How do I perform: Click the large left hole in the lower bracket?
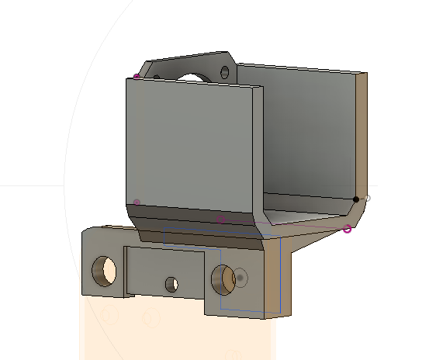pos(105,270)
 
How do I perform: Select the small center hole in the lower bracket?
pos(171,285)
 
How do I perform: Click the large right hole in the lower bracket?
pos(223,279)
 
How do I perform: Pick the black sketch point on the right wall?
pos(357,199)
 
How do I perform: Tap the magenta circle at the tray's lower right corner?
pos(347,228)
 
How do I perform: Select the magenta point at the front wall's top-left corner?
pos(137,76)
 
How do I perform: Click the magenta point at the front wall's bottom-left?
pos(137,202)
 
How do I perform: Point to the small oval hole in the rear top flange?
pos(225,72)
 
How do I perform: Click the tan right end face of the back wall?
pos(363,132)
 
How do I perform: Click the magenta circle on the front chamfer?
pos(220,219)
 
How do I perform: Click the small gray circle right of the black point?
pos(368,199)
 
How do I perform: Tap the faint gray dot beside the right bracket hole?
pos(241,277)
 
